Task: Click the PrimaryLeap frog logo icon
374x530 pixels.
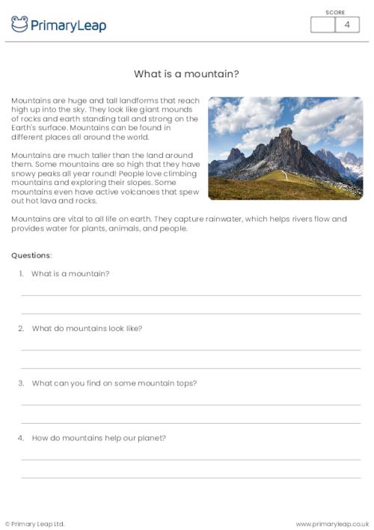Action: (x=19, y=24)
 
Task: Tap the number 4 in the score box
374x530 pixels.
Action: (x=347, y=25)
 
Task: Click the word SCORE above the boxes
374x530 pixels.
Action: (x=335, y=12)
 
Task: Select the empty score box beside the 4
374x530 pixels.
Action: (x=322, y=25)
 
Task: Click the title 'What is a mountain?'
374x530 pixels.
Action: (x=186, y=74)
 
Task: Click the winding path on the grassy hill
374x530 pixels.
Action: (x=283, y=176)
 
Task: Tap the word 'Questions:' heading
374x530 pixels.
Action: (x=31, y=255)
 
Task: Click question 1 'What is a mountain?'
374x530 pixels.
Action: (x=70, y=273)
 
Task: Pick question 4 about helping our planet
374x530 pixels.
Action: (x=99, y=437)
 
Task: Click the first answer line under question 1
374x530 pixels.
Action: (x=191, y=295)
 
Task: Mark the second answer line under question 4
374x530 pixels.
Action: (x=191, y=477)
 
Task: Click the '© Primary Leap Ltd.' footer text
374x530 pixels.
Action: (x=35, y=523)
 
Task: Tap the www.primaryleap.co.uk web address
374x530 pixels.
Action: (x=332, y=523)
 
